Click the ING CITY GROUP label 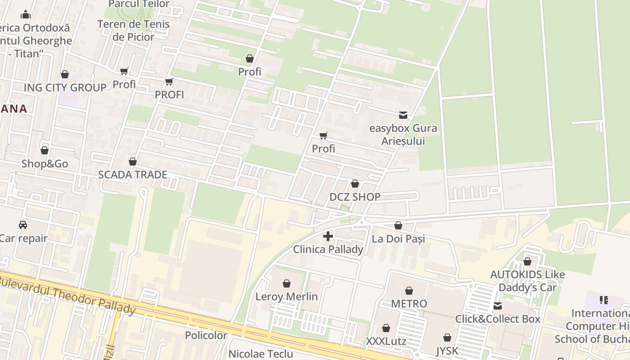pos(65,87)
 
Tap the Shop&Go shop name pos(45,164)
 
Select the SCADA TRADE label pos(133,175)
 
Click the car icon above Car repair pos(23,225)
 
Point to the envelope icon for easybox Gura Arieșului pos(403,115)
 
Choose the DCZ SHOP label pos(355,197)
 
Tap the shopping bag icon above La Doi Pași pos(398,225)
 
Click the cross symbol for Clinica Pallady pos(328,236)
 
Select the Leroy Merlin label pos(287,297)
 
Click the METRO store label pos(409,304)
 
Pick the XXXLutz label pos(386,341)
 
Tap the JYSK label pos(447,351)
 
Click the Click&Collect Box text pos(498,319)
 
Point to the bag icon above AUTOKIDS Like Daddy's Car pos(527,261)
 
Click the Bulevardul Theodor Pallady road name pos(67,295)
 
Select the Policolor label pos(206,335)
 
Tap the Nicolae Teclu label pos(261,353)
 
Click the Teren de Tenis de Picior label pos(133,31)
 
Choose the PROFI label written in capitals pos(169,94)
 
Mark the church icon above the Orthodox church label pos(26,14)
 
